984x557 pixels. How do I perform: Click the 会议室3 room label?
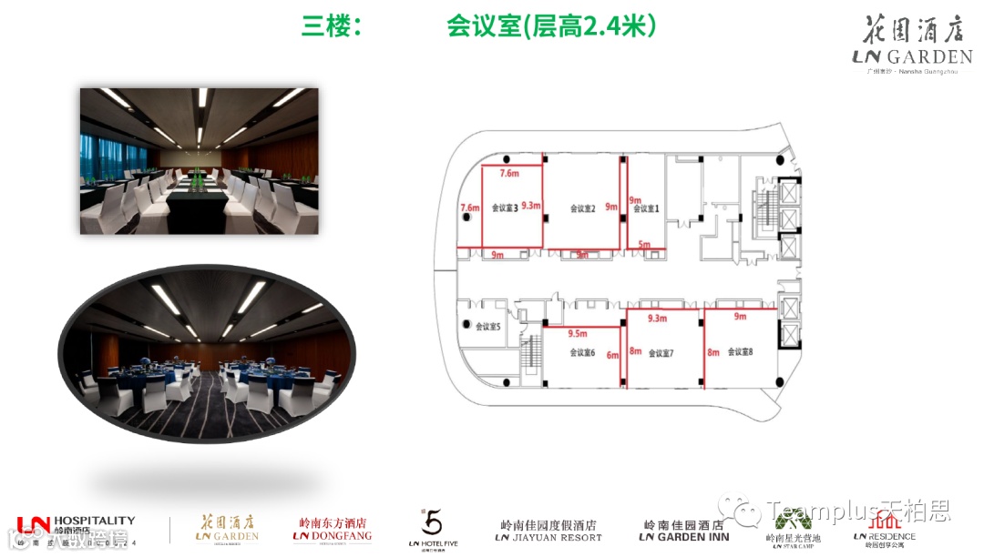504,208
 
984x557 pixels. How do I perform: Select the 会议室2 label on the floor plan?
582,208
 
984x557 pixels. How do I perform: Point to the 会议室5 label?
487,326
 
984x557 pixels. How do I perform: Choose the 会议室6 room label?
582,352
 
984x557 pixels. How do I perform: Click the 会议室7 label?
661,352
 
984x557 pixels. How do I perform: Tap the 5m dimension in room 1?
644,244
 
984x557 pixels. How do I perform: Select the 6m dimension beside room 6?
613,355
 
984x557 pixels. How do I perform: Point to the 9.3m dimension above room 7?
658,319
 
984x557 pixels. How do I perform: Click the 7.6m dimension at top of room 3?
509,173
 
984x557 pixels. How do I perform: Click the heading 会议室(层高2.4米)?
551,26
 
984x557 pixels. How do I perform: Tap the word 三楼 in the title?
326,27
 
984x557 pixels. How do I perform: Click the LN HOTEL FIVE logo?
433,529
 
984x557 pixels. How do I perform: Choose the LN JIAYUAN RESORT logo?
548,531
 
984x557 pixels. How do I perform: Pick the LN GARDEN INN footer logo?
684,531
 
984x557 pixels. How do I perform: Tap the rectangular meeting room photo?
199,161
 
